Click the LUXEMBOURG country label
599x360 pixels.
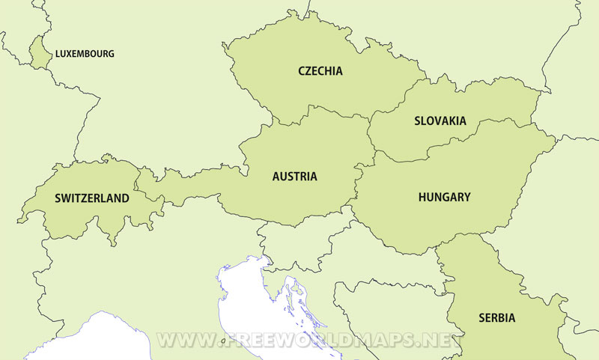[x=85, y=54]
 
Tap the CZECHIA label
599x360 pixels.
[x=320, y=71]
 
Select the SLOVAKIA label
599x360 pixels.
[x=440, y=120]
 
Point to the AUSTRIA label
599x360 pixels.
[x=294, y=177]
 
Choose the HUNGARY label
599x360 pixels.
[x=444, y=197]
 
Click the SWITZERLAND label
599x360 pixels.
[x=91, y=198]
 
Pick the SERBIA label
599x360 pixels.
[x=496, y=317]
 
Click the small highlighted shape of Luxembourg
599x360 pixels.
[x=39, y=53]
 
